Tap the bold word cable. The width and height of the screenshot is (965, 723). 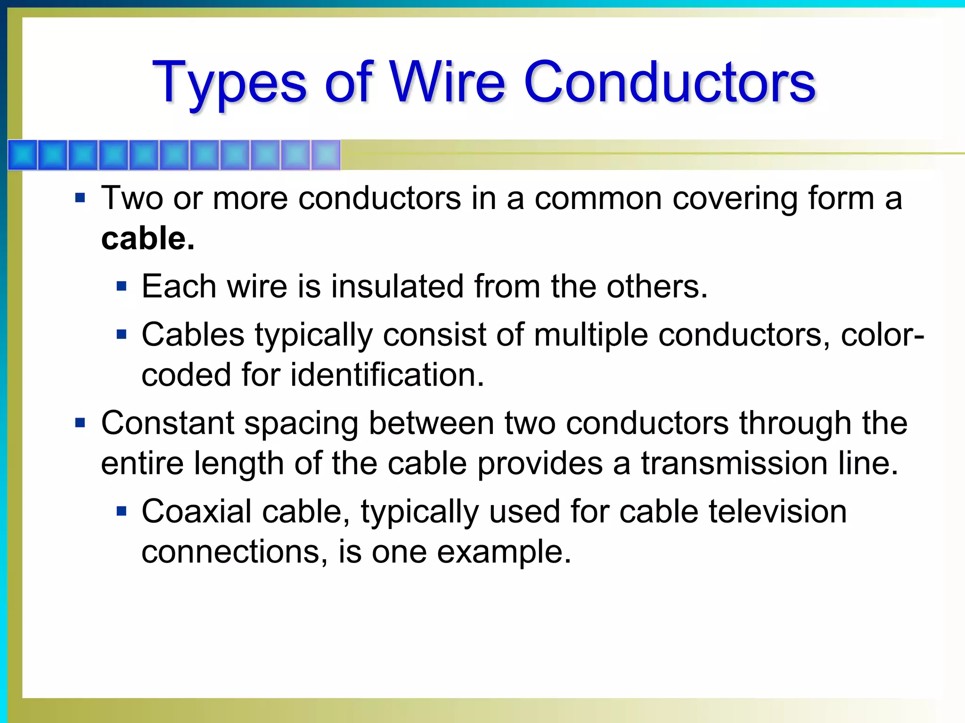coord(147,239)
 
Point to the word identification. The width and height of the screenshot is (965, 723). coord(387,375)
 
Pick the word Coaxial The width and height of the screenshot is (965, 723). coord(196,512)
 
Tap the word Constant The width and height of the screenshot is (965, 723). coord(168,423)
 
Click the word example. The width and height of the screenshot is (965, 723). coord(504,552)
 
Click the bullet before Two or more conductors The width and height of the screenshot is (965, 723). coord(80,198)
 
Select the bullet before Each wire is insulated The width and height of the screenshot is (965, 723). coord(122,286)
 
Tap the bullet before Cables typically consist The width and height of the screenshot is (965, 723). coord(122,335)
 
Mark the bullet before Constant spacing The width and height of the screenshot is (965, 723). coord(80,423)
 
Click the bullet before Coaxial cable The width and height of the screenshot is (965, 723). coord(122,511)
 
